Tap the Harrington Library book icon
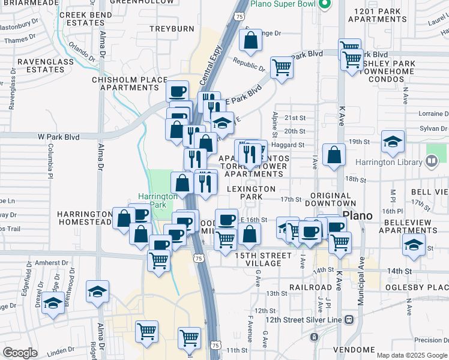(x=431, y=161)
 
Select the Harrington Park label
(x=158, y=200)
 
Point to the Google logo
(x=20, y=353)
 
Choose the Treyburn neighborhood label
(x=172, y=29)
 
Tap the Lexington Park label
(x=252, y=193)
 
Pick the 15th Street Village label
(x=263, y=260)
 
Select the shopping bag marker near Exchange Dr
(x=251, y=41)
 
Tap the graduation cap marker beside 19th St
(x=393, y=142)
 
